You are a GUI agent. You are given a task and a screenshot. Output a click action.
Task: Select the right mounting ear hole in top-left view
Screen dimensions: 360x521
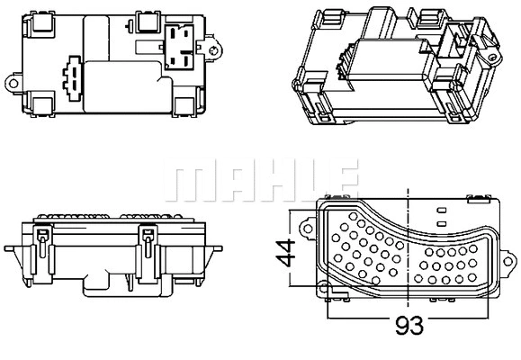coord(213,39)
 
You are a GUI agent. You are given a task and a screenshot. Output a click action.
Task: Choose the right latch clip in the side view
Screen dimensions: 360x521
coord(146,243)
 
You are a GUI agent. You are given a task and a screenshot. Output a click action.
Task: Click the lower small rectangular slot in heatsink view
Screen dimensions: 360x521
coord(440,221)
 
